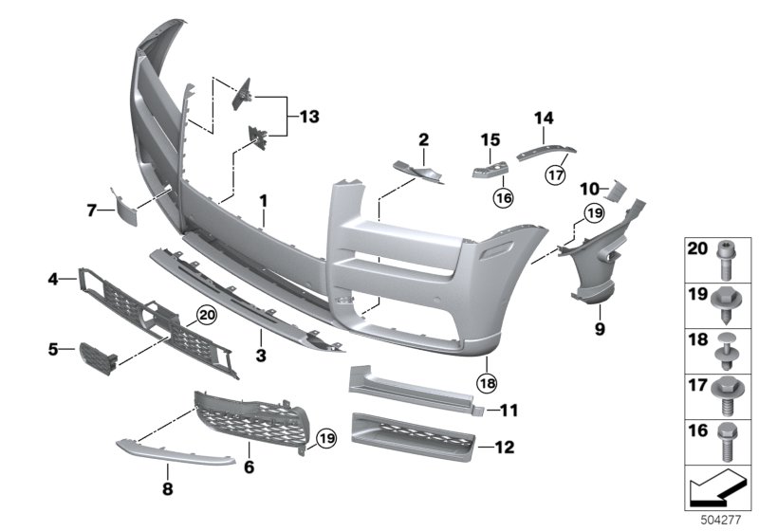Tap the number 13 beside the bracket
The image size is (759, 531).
[x=308, y=117]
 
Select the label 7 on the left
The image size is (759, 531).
[x=93, y=210]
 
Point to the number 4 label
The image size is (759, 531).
[x=55, y=279]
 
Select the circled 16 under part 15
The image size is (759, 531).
[x=502, y=197]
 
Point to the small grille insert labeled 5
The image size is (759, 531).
[x=95, y=358]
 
